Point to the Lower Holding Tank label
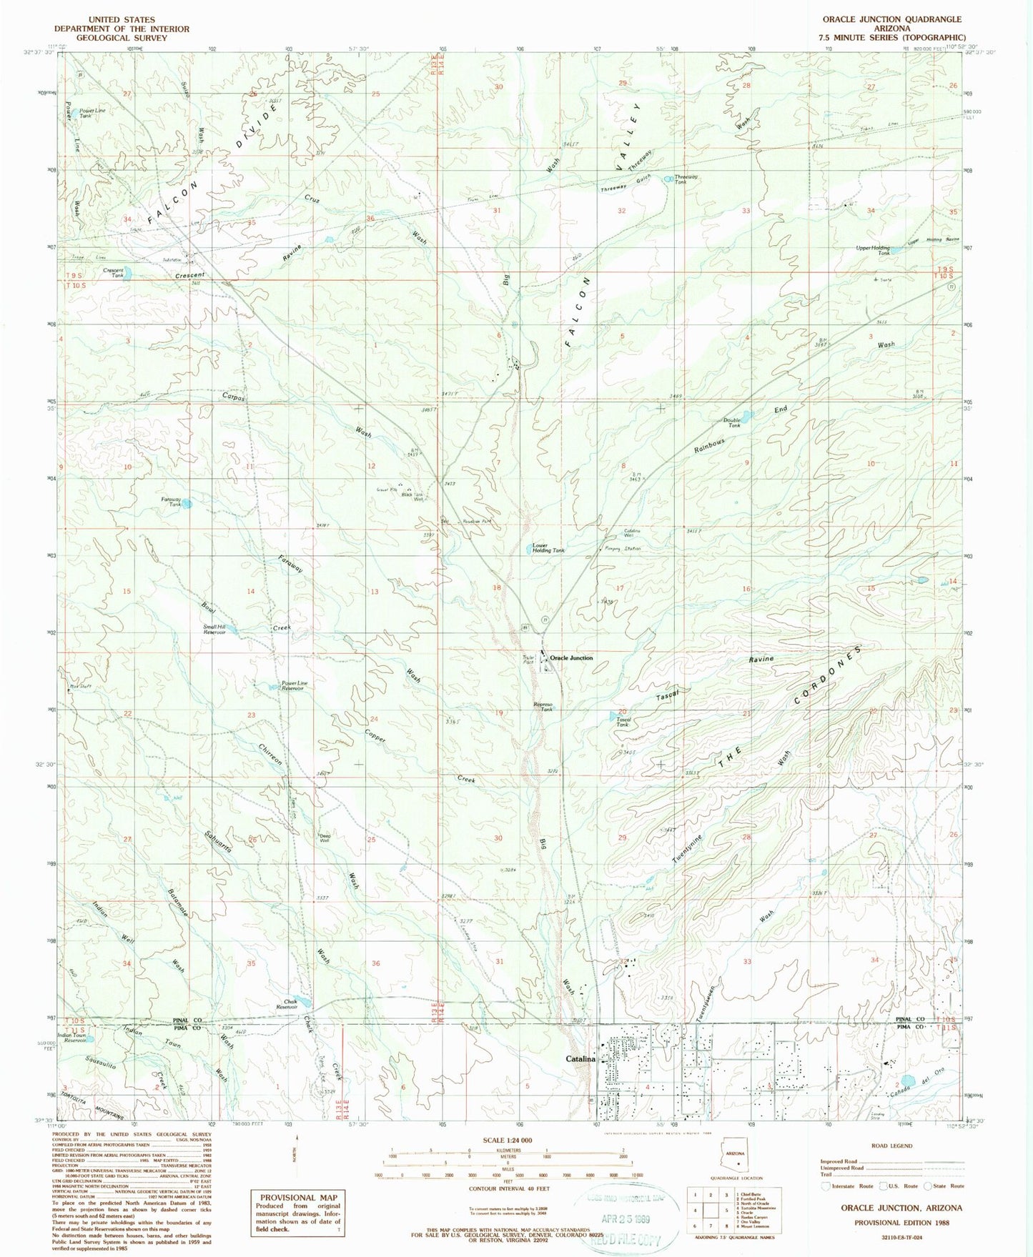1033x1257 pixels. [x=548, y=547]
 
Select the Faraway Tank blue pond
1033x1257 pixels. [x=186, y=504]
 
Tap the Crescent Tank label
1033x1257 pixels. [x=113, y=273]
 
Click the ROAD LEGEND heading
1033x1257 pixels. [x=891, y=1146]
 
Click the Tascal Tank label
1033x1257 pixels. [x=623, y=722]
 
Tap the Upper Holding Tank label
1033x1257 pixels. [x=873, y=250]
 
